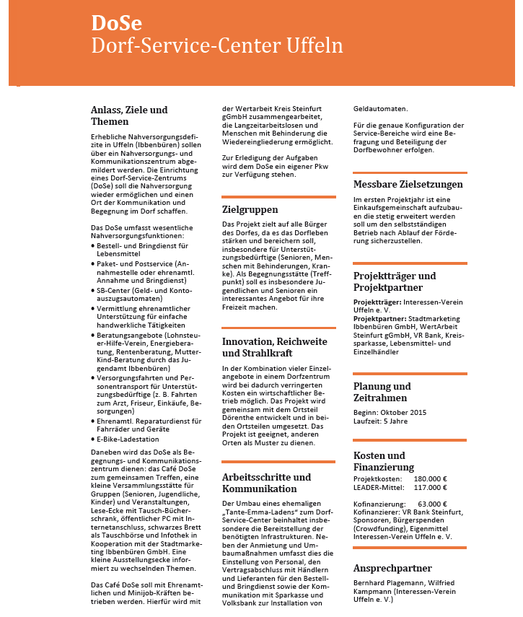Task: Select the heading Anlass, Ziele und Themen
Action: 129,115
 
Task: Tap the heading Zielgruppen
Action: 250,210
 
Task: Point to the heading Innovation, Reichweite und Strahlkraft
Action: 274,347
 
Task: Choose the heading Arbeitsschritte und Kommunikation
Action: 266,483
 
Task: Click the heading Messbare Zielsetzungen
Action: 408,185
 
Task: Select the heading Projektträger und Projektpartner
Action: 394,281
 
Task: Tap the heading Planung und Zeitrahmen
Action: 382,392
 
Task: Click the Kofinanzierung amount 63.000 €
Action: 432,504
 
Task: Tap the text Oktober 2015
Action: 401,411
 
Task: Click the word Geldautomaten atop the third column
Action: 380,110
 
